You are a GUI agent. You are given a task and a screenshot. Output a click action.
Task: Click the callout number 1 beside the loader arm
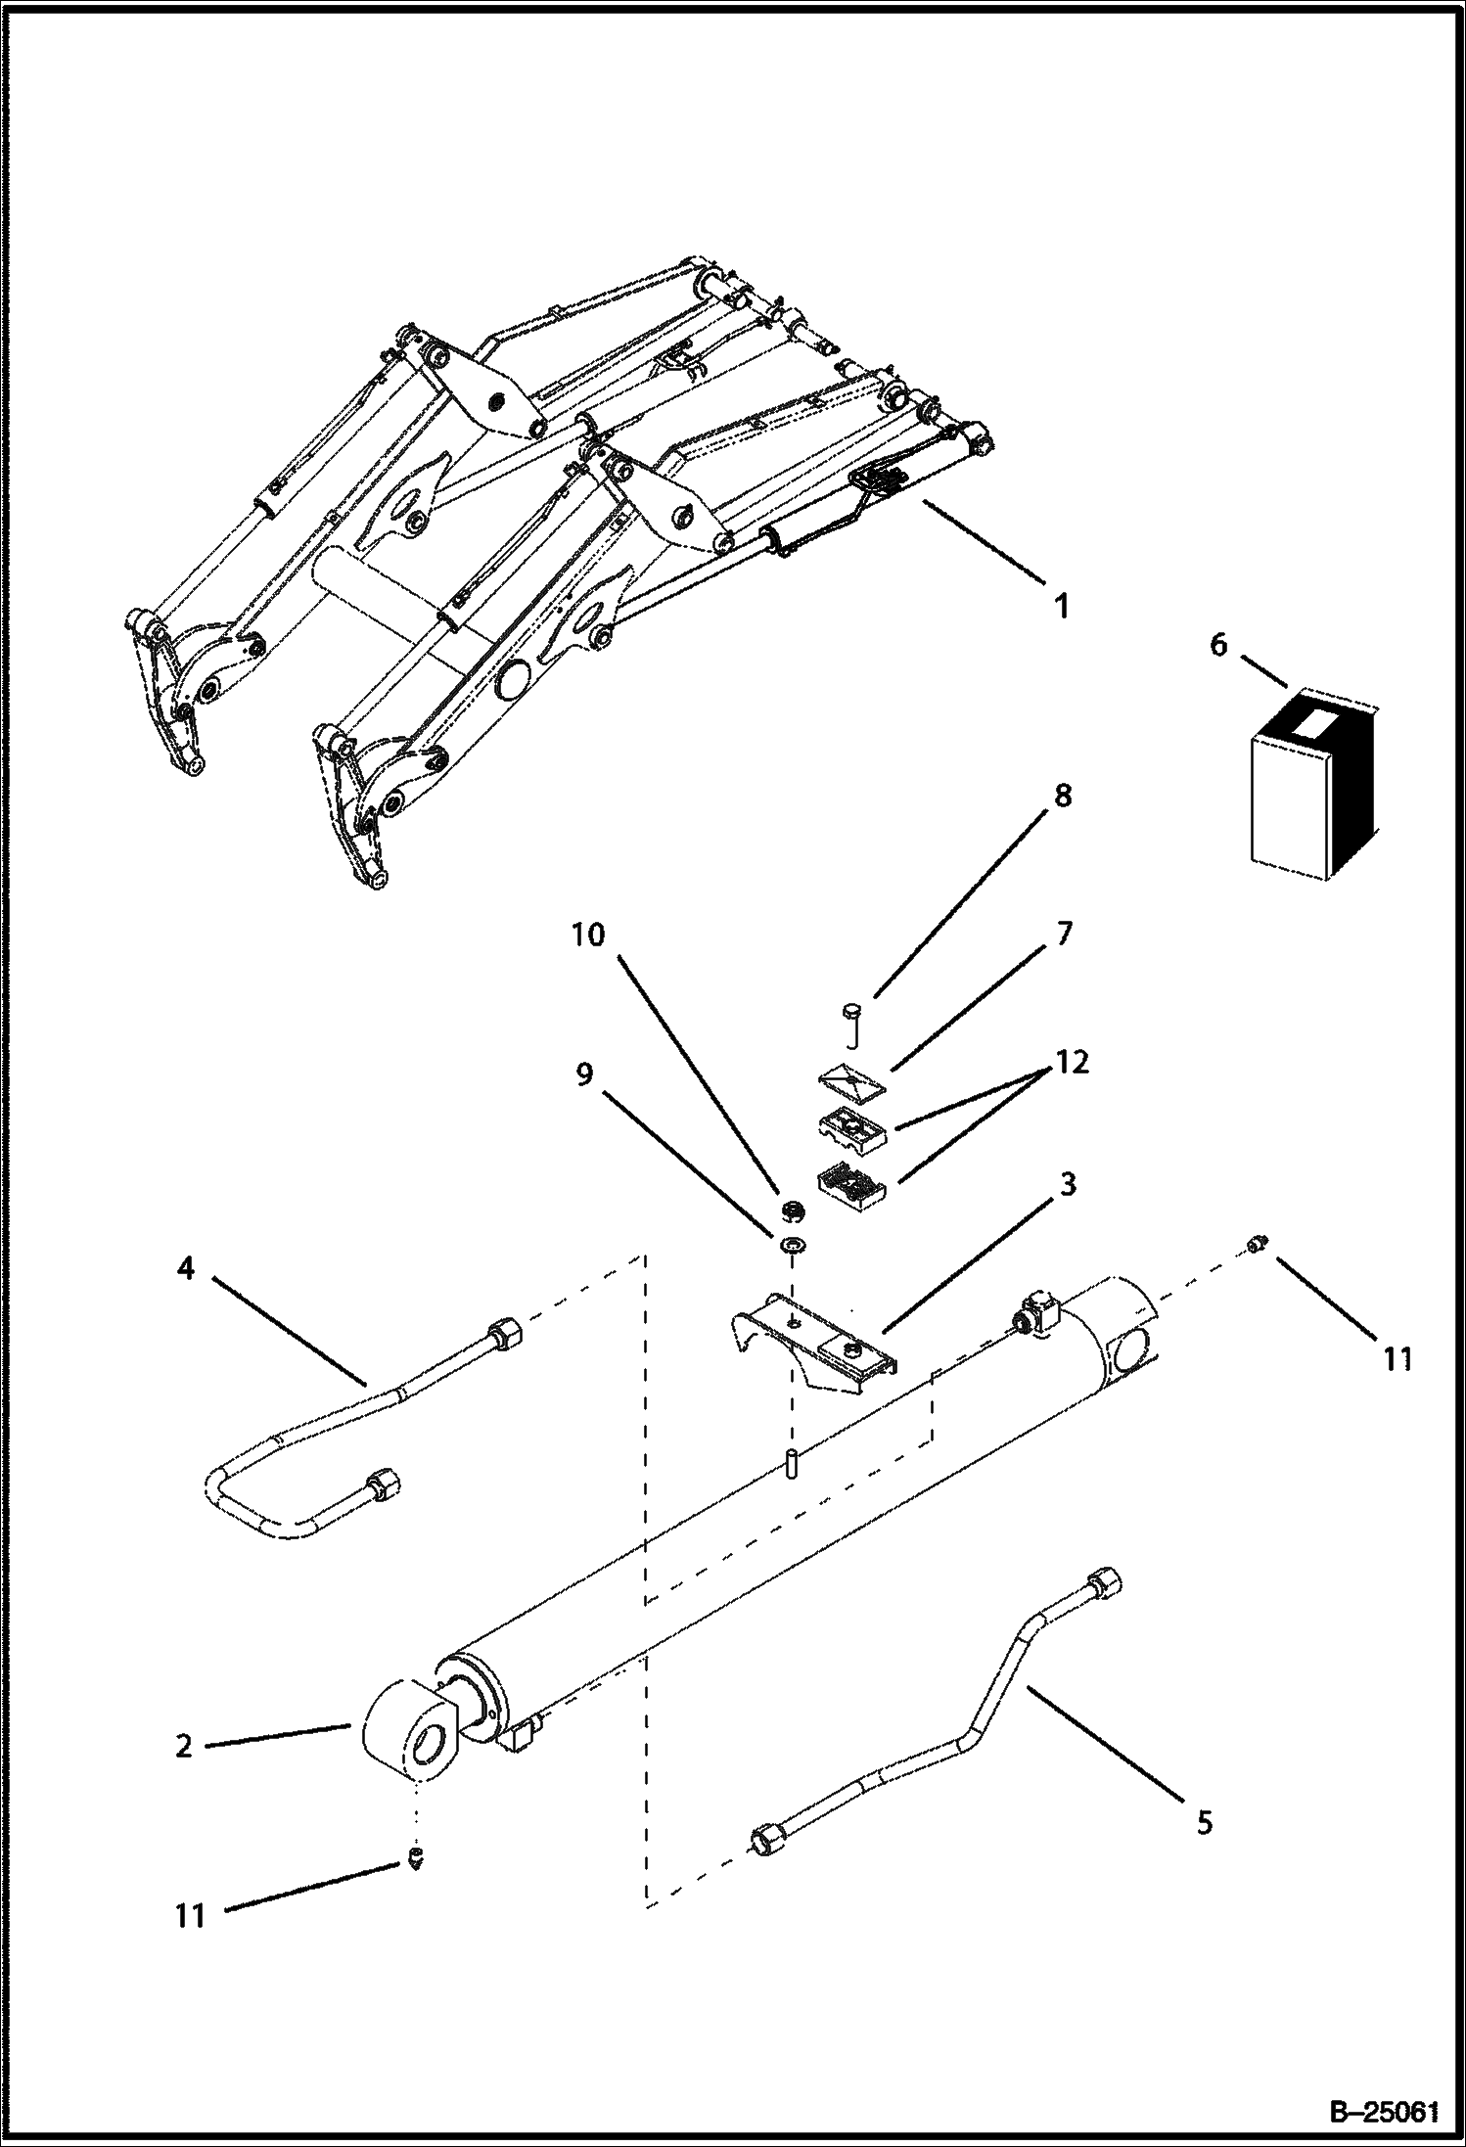tap(1061, 605)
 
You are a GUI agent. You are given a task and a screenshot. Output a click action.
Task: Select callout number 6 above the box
tap(1217, 646)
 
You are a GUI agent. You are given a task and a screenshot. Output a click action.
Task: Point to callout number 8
tap(1062, 796)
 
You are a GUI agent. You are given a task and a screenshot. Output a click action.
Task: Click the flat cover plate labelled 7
tap(850, 1079)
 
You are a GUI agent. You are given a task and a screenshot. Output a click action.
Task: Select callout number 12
tap(1072, 1061)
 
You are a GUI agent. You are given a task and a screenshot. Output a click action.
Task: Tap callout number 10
tap(588, 934)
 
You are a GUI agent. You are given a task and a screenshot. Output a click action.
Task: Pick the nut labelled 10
tap(792, 1211)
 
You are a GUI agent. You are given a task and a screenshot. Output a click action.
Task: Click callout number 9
tap(583, 1074)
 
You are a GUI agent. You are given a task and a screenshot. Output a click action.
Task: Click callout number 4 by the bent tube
tap(185, 1269)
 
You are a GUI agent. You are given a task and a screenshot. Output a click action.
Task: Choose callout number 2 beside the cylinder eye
tap(184, 1746)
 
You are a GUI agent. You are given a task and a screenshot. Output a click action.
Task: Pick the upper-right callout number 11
tap(1397, 1358)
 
